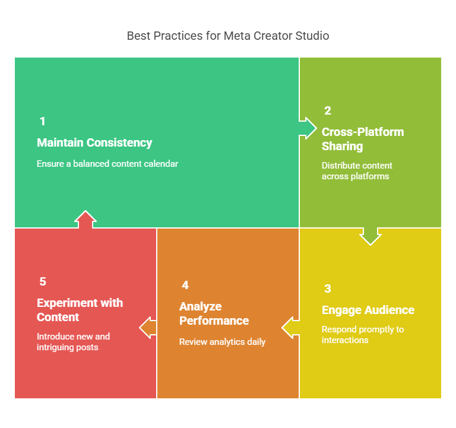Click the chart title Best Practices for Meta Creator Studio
tap(228, 36)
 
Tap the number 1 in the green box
tap(43, 121)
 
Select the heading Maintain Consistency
tap(94, 142)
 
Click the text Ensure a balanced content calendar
tap(107, 164)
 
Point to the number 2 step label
tap(328, 110)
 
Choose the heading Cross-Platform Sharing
tap(363, 139)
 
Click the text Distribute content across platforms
tap(357, 171)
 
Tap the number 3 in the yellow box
tap(328, 288)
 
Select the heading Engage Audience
tap(368, 310)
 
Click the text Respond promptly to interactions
tap(363, 335)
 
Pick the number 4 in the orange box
tap(185, 286)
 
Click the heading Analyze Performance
tap(214, 313)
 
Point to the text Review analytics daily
tap(222, 342)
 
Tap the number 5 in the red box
tap(43, 281)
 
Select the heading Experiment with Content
tap(80, 310)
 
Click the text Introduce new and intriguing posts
tap(73, 342)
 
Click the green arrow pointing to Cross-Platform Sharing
tap(308, 128)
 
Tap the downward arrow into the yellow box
tap(370, 236)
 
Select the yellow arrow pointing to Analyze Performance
tap(290, 328)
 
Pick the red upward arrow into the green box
tap(85, 220)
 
